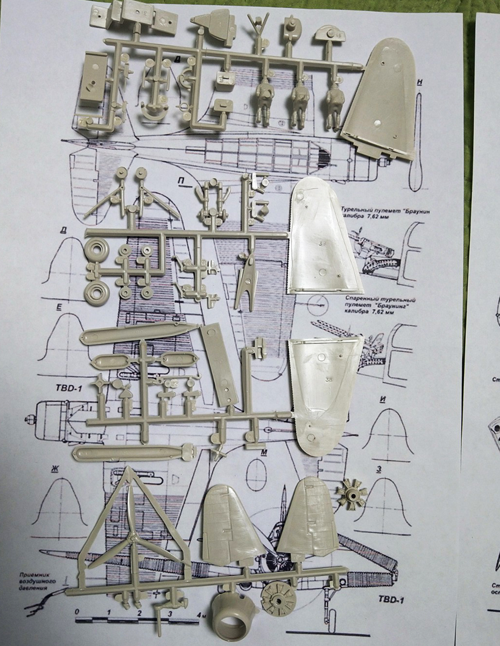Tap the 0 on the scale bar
[77, 612]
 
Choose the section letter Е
[59, 307]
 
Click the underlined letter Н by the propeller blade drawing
[420, 82]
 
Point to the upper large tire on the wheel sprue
[96, 249]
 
